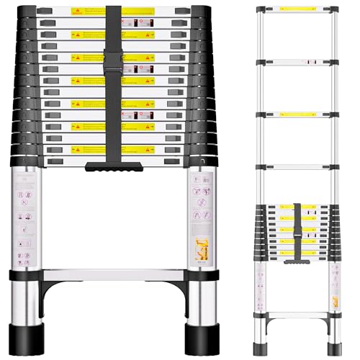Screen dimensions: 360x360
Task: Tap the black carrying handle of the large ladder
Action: click(x=114, y=167)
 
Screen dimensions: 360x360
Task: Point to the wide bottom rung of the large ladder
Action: click(x=113, y=276)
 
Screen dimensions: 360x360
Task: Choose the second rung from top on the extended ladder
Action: click(x=297, y=61)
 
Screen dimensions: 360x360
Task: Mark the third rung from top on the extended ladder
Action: click(x=297, y=114)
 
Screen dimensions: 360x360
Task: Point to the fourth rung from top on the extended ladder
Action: click(x=297, y=167)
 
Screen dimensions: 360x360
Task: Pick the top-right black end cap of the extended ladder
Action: click(x=335, y=10)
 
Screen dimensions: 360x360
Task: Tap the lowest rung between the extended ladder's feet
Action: click(x=297, y=314)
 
